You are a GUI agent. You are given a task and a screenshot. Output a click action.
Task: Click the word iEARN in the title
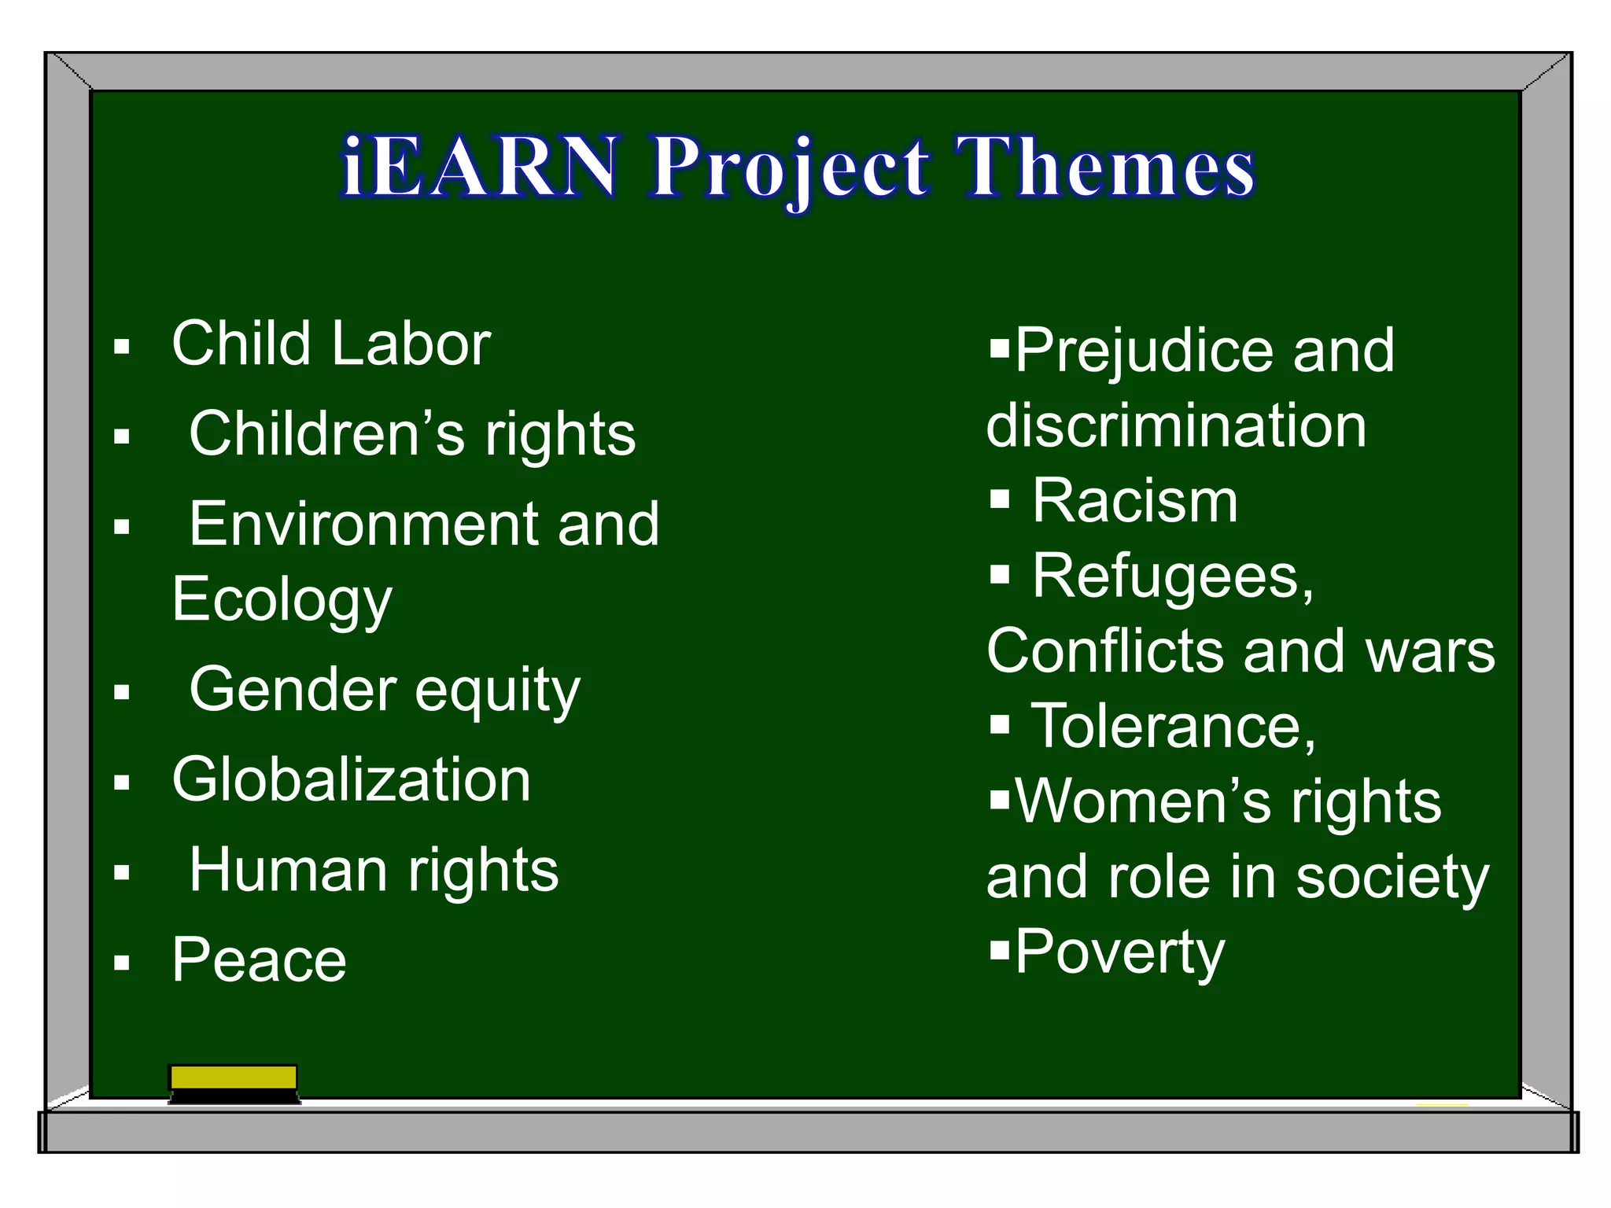pos(480,167)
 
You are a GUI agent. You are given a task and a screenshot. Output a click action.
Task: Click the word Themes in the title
pos(1104,167)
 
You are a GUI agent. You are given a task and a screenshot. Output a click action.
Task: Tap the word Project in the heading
pos(790,168)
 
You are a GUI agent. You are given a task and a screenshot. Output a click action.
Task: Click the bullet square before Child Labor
pos(121,347)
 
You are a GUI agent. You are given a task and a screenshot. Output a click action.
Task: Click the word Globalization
pos(352,780)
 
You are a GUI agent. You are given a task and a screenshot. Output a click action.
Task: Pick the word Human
pos(289,871)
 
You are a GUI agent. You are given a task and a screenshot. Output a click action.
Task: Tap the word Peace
pos(259,960)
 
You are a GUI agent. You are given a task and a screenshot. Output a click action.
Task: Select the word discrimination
pos(1176,426)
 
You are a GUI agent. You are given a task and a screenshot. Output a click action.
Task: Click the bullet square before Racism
pos(999,499)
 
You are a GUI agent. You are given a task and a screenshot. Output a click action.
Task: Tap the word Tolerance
pos(1172,727)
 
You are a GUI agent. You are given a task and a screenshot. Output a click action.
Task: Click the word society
pos(1392,878)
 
